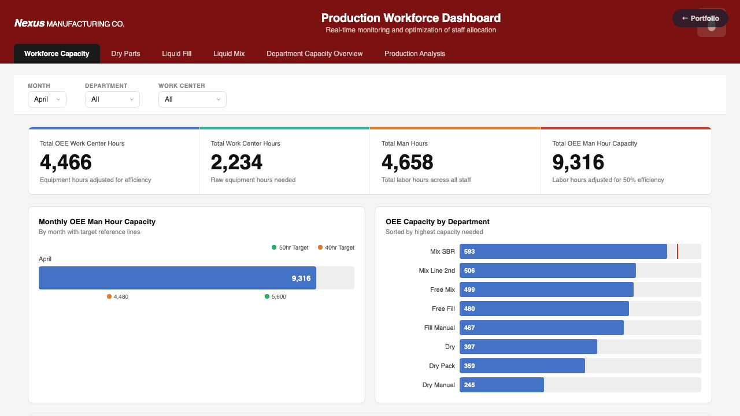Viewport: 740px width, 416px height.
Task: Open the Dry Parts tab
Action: pyautogui.click(x=125, y=54)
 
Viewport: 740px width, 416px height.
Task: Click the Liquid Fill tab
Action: pyautogui.click(x=176, y=54)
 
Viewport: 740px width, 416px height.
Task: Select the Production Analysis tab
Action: pyautogui.click(x=415, y=54)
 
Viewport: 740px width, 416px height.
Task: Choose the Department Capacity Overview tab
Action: pyautogui.click(x=314, y=54)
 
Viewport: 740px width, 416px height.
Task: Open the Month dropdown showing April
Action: pyautogui.click(x=47, y=99)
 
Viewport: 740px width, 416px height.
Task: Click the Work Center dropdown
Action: pyautogui.click(x=192, y=99)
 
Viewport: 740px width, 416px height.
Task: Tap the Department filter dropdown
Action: pyautogui.click(x=112, y=99)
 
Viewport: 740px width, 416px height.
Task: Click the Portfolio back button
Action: pyautogui.click(x=700, y=18)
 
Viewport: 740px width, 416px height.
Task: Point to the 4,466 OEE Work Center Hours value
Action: pyautogui.click(x=66, y=162)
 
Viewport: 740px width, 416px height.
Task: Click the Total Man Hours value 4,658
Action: pyautogui.click(x=407, y=162)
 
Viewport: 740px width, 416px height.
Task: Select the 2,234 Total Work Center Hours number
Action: pyautogui.click(x=236, y=162)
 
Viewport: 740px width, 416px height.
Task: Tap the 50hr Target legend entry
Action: pyautogui.click(x=290, y=247)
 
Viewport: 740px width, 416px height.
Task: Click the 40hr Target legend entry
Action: pyautogui.click(x=336, y=247)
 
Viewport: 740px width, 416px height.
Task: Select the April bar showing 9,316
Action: pyautogui.click(x=177, y=278)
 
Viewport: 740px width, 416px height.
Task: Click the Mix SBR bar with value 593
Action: pyautogui.click(x=563, y=251)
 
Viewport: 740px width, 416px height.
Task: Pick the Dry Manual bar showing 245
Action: pyautogui.click(x=501, y=385)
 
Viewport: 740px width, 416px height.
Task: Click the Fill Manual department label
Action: pyautogui.click(x=439, y=328)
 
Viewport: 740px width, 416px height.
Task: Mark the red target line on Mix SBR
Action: pyautogui.click(x=678, y=251)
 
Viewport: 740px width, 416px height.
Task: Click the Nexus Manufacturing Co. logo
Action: pyautogui.click(x=69, y=24)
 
